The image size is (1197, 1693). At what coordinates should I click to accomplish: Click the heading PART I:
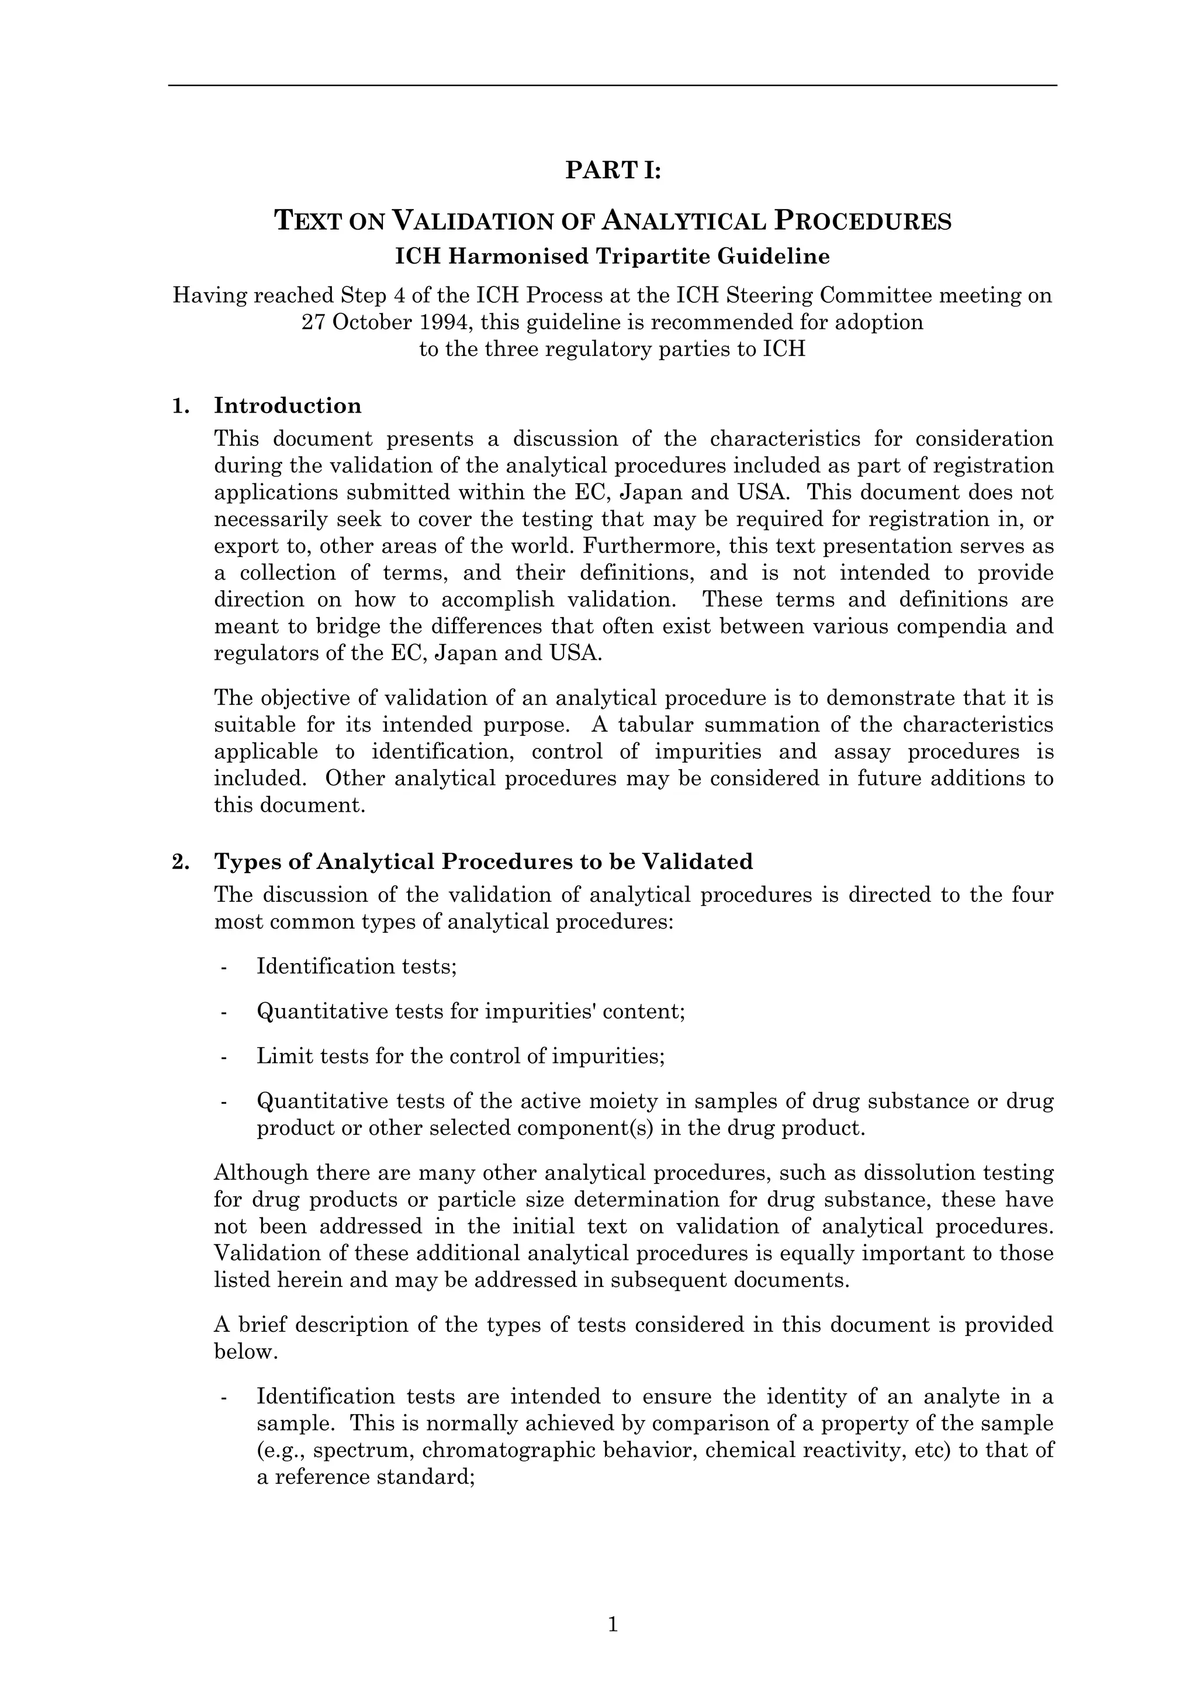613,170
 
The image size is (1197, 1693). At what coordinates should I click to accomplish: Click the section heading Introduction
288,406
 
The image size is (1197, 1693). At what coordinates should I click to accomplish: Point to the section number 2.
180,861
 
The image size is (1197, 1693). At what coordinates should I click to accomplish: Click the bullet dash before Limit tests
223,1057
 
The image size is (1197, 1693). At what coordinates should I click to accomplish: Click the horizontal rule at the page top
612,85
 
